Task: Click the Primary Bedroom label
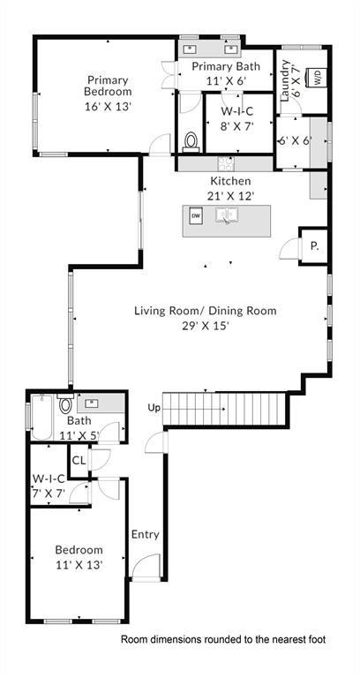point(108,84)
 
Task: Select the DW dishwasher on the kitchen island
point(196,215)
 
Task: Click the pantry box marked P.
point(313,247)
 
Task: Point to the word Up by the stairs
point(154,408)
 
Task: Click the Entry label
point(146,534)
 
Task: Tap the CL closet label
point(79,460)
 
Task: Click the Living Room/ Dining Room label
point(206,311)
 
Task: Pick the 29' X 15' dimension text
point(206,326)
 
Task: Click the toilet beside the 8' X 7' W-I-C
point(191,141)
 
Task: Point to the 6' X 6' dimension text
point(294,140)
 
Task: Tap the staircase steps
point(227,408)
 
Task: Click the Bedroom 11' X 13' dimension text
point(79,565)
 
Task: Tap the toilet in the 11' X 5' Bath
point(65,407)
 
